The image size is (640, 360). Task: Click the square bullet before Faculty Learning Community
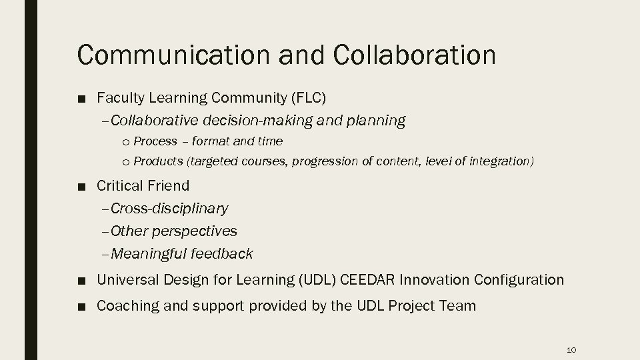pos(80,99)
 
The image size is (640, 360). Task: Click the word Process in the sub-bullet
pos(155,141)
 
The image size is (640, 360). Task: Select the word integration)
pos(501,161)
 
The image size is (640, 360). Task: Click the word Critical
pos(119,185)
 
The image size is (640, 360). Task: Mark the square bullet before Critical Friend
pos(80,186)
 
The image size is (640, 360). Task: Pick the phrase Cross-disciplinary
pos(169,209)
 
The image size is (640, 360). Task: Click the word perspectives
pos(194,231)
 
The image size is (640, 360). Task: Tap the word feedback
pos(222,254)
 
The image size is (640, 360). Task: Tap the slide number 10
pos(571,349)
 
